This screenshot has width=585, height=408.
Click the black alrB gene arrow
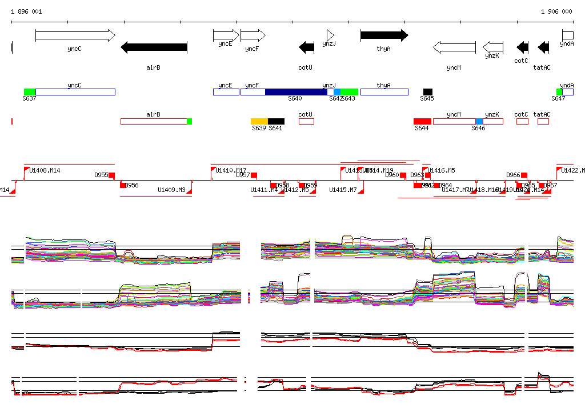[154, 47]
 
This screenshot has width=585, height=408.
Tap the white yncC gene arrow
[75, 35]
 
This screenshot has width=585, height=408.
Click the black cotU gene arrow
[307, 47]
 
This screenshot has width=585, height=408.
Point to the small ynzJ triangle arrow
[330, 35]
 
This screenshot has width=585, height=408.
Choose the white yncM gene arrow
[454, 47]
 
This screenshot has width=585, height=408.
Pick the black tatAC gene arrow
[543, 47]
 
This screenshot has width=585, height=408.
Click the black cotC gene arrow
[522, 47]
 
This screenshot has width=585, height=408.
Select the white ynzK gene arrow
[493, 47]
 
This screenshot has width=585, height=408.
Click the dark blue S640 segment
[296, 92]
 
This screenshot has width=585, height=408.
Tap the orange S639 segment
[259, 121]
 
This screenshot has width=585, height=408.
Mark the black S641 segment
[276, 121]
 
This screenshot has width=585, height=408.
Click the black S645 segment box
[428, 92]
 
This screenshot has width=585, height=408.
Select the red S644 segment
[422, 121]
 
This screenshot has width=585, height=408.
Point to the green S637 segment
[30, 92]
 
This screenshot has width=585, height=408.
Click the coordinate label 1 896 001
[26, 11]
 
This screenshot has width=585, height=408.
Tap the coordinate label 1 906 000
[556, 11]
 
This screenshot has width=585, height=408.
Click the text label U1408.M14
[45, 170]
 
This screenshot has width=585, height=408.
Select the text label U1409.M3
[171, 190]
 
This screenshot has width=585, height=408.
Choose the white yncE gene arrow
[226, 35]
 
